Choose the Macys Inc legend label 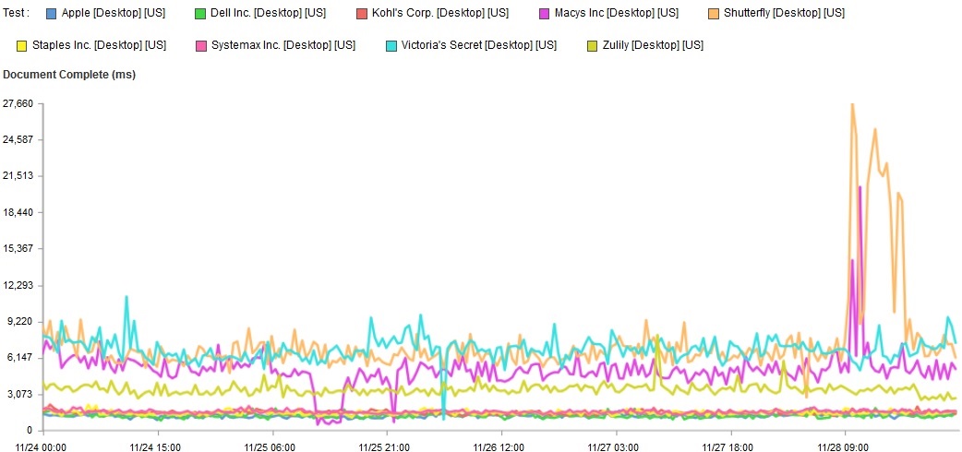pos(616,14)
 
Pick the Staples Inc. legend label pos(99,45)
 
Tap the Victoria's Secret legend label pos(474,45)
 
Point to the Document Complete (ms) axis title pos(69,75)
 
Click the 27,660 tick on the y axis pos(18,104)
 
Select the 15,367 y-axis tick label pos(18,249)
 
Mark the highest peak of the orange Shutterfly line pos(852,105)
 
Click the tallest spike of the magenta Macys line pos(860,187)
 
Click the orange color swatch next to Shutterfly pos(715,14)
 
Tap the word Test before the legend pos(17,14)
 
